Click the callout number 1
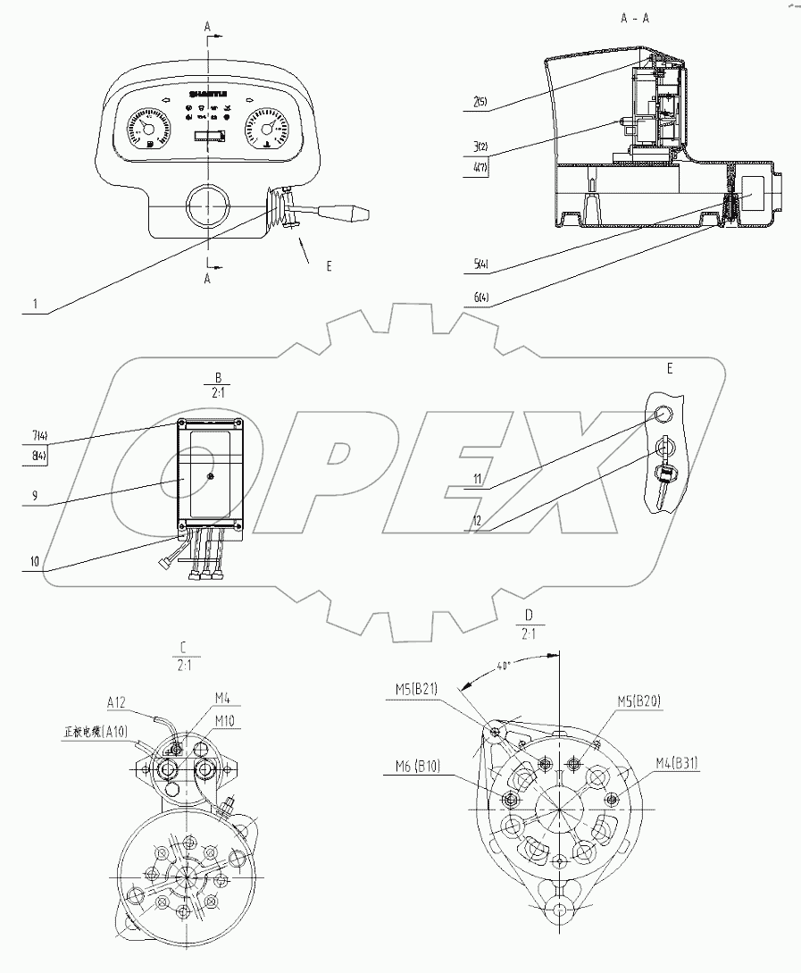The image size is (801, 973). (34, 304)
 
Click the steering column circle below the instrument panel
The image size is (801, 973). (208, 207)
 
